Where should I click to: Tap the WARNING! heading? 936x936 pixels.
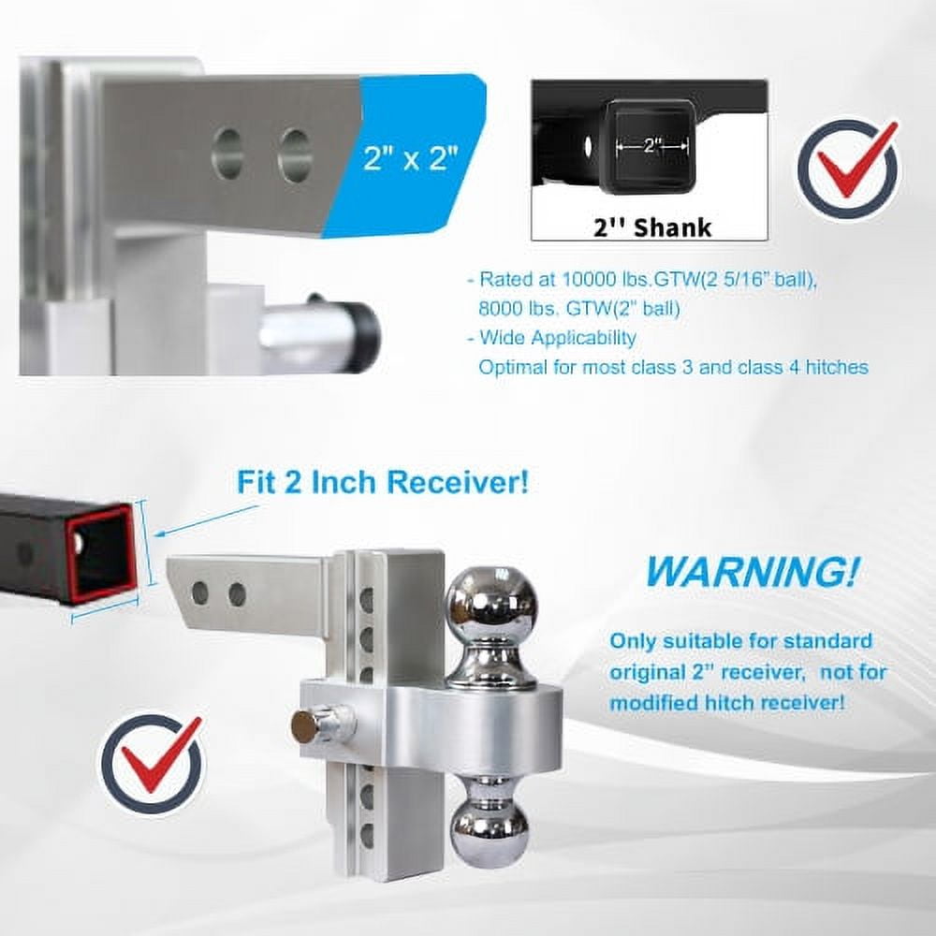(753, 570)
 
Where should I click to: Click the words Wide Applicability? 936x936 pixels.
(557, 337)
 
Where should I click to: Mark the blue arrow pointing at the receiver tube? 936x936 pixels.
(208, 520)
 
